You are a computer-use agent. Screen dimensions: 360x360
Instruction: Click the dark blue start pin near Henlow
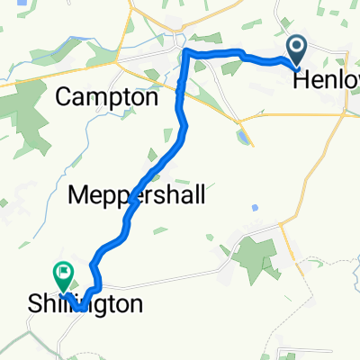297,49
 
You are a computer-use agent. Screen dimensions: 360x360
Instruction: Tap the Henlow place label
328,79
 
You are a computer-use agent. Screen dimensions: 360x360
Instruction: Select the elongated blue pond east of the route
241,139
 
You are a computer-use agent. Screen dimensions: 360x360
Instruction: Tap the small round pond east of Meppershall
256,208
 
